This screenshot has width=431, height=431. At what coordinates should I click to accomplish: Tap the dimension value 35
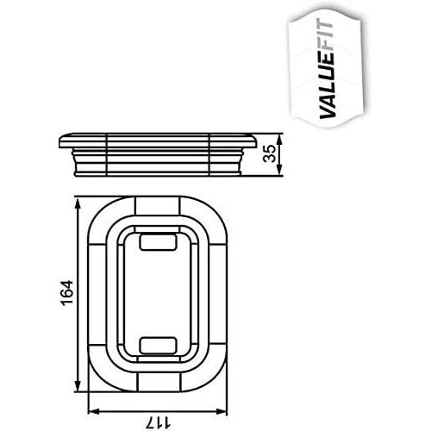click(270, 153)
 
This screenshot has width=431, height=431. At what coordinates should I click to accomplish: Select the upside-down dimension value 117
click(158, 423)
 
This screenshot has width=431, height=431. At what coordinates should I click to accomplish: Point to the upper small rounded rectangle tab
click(158, 241)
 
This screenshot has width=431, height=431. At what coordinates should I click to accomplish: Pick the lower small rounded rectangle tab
click(158, 346)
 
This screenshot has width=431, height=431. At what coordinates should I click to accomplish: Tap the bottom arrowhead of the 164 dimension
click(78, 386)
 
